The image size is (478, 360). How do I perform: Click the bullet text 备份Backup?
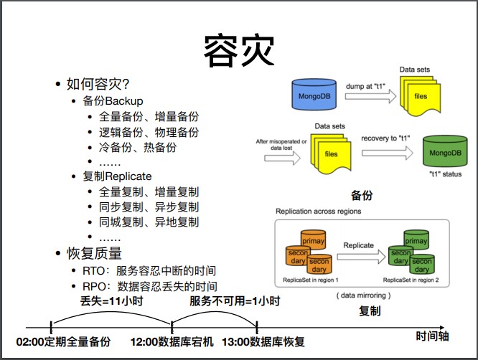tap(113, 100)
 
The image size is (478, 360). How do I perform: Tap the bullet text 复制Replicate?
tap(117, 176)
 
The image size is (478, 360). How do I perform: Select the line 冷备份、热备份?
tap(138, 148)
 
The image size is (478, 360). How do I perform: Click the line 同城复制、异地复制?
tap(149, 222)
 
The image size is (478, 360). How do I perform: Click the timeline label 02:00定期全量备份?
tap(64, 342)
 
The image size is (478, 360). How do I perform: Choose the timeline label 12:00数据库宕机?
tap(172, 342)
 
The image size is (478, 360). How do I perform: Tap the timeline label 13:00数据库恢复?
tap(263, 342)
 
